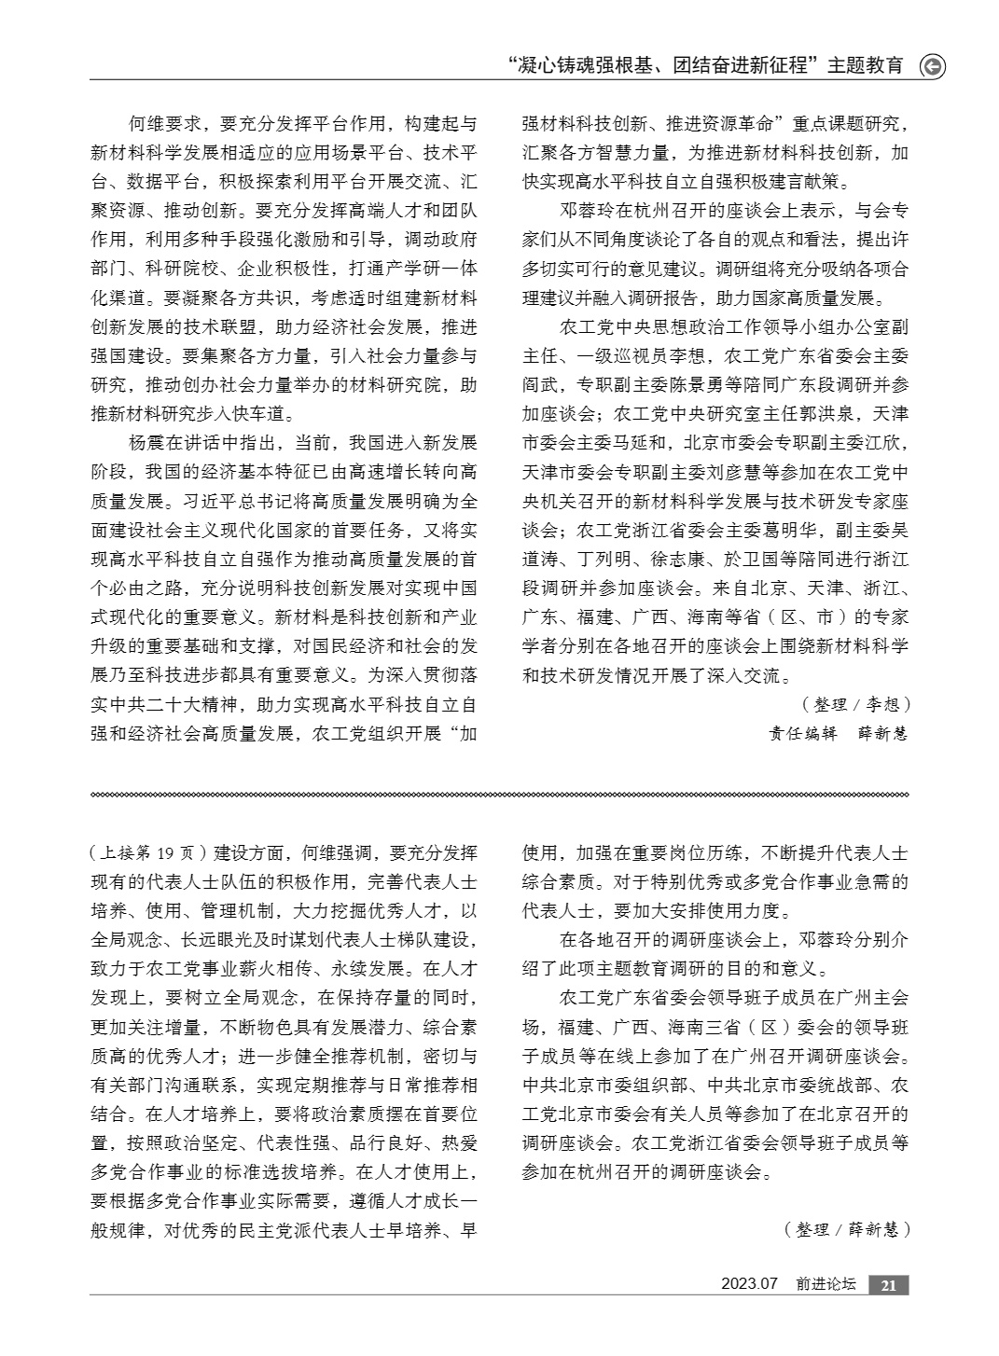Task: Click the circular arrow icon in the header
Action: pos(932,66)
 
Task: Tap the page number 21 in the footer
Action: pos(888,1285)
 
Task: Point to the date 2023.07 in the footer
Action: pos(749,1285)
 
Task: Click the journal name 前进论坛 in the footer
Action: pos(826,1285)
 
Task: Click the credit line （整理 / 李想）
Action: pos(855,704)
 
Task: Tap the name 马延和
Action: pos(641,443)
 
